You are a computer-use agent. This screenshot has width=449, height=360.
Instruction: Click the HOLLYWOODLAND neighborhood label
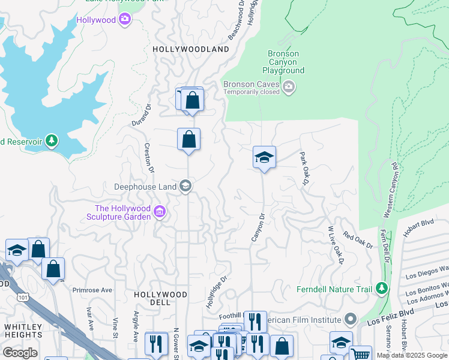coord(191,49)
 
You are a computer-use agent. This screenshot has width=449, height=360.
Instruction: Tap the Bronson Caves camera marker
coord(289,88)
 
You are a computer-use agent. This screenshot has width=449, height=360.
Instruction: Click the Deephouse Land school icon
coord(185,187)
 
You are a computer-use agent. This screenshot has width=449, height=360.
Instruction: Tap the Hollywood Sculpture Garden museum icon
coord(160,211)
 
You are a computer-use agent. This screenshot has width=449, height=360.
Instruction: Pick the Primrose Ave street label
coord(92,290)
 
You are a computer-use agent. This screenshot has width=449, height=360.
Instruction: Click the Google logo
coord(20,353)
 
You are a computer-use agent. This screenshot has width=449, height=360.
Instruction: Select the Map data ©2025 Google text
coord(412,355)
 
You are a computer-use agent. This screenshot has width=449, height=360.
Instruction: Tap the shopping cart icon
coord(360,354)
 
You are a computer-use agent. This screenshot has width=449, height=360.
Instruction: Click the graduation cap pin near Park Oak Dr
coord(264,158)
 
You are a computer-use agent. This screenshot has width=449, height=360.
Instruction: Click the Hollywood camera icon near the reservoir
coord(125,20)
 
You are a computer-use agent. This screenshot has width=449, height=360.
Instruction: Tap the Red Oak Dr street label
coord(358,241)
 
